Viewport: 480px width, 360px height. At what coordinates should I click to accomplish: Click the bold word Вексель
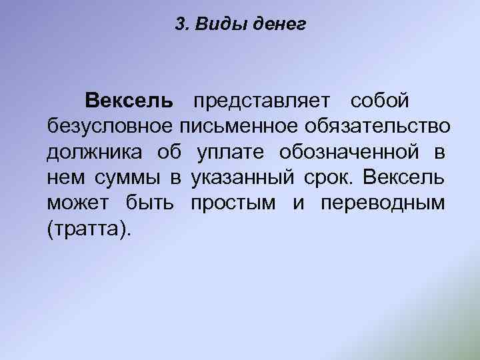(x=129, y=101)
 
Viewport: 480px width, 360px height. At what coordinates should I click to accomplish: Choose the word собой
(x=379, y=101)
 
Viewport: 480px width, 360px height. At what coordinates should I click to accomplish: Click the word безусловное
(x=111, y=127)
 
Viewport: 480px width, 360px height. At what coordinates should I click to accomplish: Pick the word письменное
(x=243, y=127)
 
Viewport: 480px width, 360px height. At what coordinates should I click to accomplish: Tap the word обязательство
(x=378, y=127)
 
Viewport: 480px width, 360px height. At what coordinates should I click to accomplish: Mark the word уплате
(x=231, y=152)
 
